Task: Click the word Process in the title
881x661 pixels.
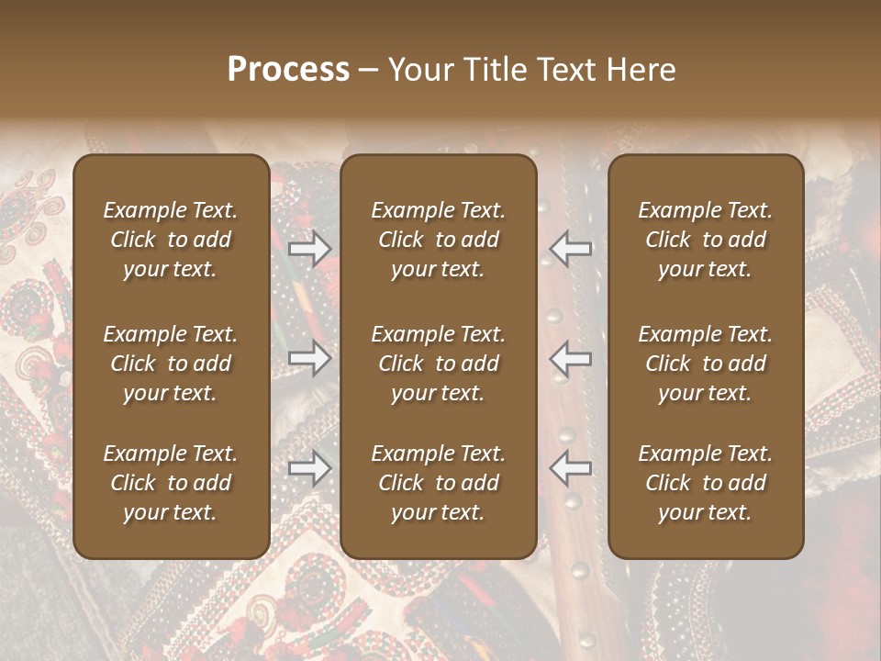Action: (x=288, y=70)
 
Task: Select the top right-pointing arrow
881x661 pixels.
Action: (x=309, y=249)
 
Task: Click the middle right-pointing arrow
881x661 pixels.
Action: (x=309, y=358)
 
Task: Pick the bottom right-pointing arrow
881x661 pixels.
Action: (x=309, y=469)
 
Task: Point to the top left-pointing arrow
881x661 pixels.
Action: (x=571, y=249)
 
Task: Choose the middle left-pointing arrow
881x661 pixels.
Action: (x=571, y=358)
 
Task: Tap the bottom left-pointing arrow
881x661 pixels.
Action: (x=571, y=469)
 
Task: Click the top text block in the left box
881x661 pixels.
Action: (x=171, y=240)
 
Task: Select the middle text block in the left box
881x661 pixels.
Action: (x=171, y=364)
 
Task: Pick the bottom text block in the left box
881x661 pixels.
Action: (x=171, y=483)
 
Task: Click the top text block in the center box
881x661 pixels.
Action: (x=439, y=240)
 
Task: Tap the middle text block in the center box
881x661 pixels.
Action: (x=439, y=364)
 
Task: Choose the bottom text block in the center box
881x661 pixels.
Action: (x=439, y=483)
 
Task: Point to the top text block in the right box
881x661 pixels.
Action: (x=706, y=240)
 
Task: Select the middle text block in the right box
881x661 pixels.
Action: (x=706, y=364)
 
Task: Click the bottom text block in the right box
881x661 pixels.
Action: (x=706, y=483)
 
